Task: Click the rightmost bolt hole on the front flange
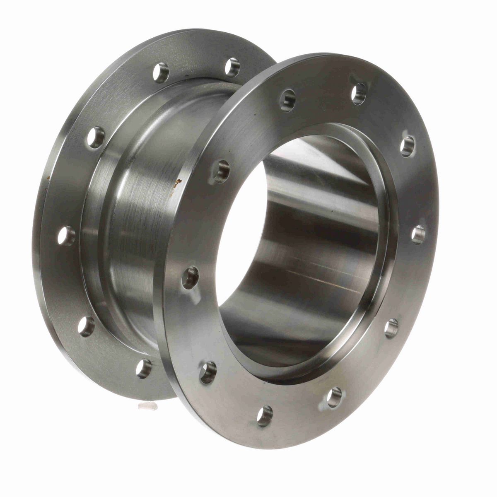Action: [x=418, y=233]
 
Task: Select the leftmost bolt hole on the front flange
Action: [x=191, y=276]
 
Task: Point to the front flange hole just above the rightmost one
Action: [x=408, y=146]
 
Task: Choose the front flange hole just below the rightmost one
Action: [x=391, y=328]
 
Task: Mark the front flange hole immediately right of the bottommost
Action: [x=333, y=396]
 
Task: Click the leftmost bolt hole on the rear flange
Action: [x=66, y=235]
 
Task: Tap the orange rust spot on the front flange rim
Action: [x=179, y=181]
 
